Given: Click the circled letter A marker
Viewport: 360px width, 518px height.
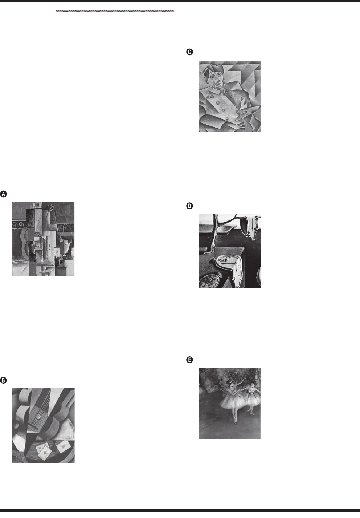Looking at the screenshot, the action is [x=3, y=194].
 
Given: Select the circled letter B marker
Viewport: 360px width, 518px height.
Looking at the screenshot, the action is [x=3, y=380].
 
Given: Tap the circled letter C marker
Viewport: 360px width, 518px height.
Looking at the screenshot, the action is [x=189, y=52].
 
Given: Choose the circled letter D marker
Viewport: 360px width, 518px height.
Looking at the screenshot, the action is [x=189, y=206].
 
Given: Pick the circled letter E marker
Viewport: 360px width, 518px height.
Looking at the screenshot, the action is [x=189, y=360].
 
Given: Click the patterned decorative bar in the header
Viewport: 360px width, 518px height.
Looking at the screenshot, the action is [x=115, y=11].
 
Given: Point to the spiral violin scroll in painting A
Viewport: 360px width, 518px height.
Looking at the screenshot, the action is [x=50, y=206].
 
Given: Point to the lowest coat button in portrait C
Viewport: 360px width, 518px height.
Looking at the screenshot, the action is [x=227, y=119].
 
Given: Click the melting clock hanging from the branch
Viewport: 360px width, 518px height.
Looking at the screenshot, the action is [x=249, y=227].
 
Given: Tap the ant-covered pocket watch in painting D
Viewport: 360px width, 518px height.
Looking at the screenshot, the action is [x=209, y=280].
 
